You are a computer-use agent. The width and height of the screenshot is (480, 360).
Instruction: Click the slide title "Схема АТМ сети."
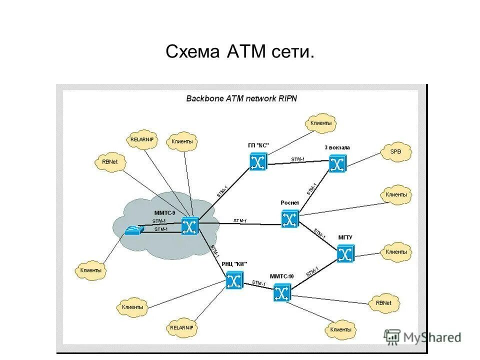[239, 51]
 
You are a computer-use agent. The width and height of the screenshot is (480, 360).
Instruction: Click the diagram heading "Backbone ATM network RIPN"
[241, 98]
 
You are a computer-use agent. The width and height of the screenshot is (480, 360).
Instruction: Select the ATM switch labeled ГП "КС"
[258, 162]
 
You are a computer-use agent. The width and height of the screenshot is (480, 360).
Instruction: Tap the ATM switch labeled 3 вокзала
[337, 163]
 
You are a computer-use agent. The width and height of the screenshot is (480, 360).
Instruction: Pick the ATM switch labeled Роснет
[289, 219]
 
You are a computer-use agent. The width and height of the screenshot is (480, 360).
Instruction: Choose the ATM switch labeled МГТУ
[345, 254]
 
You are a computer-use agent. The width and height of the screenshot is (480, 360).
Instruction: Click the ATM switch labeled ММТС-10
[282, 292]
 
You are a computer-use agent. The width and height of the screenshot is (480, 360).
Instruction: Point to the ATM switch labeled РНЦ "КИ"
[234, 280]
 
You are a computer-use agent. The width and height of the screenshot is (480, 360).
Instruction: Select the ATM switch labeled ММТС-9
[190, 226]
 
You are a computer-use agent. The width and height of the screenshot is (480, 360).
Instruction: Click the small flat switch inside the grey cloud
[134, 230]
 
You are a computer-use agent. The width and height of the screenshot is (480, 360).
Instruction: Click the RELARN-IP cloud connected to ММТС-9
[142, 140]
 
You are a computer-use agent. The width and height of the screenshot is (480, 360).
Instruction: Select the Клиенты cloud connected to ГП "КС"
[320, 123]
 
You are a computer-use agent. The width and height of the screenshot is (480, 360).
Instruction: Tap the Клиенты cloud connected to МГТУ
[396, 252]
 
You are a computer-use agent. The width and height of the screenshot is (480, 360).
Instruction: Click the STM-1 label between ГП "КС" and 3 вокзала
[297, 159]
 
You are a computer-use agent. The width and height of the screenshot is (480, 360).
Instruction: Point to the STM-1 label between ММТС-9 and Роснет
[239, 221]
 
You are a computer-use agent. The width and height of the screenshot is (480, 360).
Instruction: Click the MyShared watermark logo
[422, 336]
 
